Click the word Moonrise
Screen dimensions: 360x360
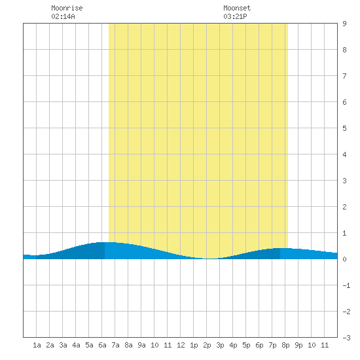pos(67,8)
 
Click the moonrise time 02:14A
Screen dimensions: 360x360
pos(63,16)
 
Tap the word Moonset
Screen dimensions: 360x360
pos(237,8)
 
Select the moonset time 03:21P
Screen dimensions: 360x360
pos(235,16)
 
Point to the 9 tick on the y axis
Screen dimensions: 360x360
pos(344,24)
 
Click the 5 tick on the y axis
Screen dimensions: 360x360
pos(344,128)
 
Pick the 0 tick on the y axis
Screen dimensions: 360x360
pos(344,259)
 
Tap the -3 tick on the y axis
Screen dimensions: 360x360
pos(346,338)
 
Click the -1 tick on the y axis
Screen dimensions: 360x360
pos(346,285)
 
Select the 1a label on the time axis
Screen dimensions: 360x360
pos(37,345)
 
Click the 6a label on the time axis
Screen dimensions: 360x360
pos(102,345)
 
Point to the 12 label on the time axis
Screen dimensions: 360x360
pos(181,345)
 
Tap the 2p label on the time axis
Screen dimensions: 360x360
pos(207,345)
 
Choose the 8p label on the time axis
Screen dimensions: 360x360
pos(285,345)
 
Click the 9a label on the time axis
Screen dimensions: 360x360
pos(141,345)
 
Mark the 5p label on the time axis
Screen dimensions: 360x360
pos(246,345)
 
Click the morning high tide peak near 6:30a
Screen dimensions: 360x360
pos(106,242)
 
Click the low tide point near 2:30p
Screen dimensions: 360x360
pos(211,259)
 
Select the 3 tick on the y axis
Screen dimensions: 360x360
pos(344,181)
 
